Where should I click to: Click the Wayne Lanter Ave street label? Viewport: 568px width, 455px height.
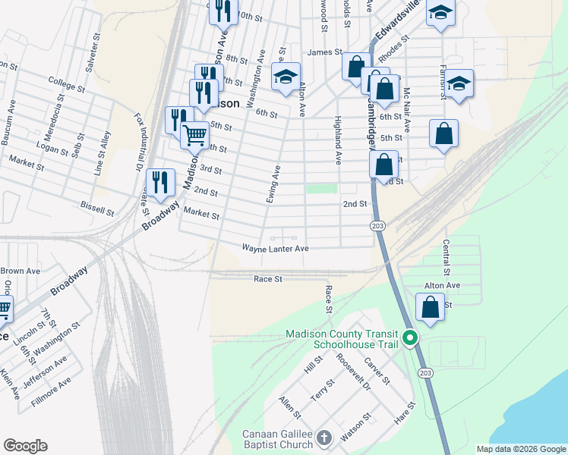pos(275,249)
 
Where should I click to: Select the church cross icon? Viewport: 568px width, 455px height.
pos(324,438)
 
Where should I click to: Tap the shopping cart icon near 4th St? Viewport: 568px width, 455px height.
pos(195,134)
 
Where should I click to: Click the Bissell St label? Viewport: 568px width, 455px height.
pos(97,206)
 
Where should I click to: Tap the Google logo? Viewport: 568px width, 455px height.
pos(25,446)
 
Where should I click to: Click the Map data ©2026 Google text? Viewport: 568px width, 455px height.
pos(520,449)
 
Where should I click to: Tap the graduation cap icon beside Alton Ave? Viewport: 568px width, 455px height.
pos(286,77)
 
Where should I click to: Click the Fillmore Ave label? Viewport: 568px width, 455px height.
pos(51,392)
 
